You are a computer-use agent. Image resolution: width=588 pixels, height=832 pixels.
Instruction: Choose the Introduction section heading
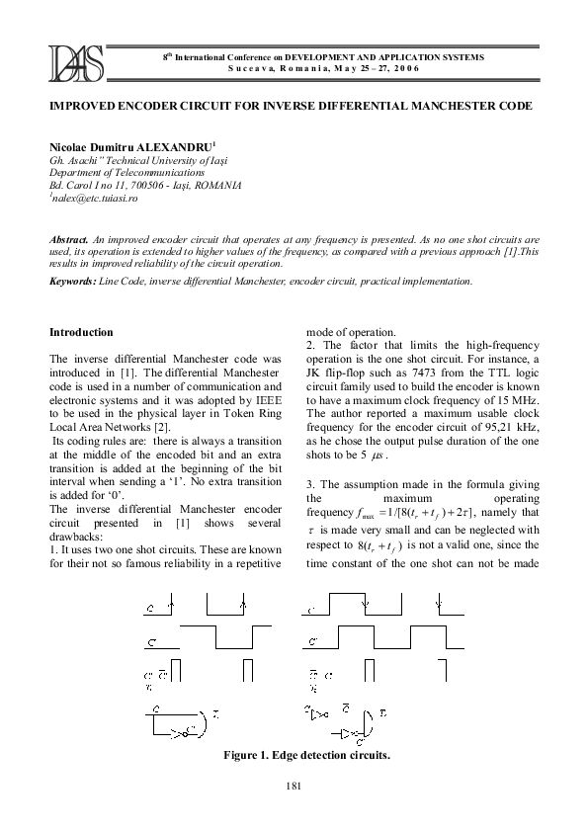(81, 332)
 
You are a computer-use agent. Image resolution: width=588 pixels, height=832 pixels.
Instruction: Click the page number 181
(293, 785)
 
